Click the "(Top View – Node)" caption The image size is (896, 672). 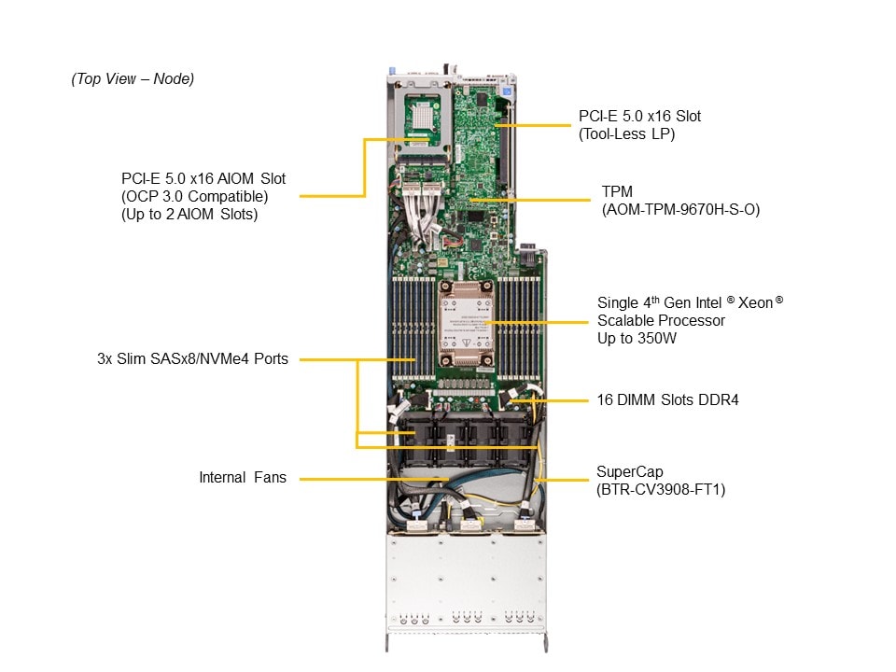133,79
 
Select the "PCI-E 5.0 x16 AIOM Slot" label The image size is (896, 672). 203,178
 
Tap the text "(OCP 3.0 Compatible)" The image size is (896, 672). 194,196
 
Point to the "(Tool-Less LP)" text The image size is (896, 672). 626,133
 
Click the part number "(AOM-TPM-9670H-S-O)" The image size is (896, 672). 681,210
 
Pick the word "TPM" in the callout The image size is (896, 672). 618,192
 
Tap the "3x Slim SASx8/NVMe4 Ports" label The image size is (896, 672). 192,358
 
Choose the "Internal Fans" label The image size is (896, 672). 243,478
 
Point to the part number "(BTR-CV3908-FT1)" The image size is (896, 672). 661,488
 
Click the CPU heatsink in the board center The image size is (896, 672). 465,322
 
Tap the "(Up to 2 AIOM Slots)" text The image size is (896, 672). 189,214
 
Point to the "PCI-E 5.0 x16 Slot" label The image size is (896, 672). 639,117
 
